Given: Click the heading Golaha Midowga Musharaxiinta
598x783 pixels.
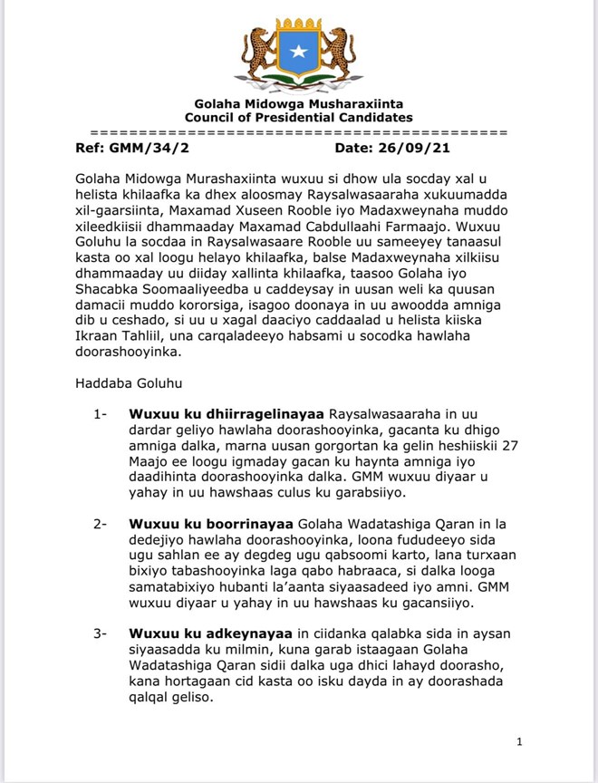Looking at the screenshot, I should click(298, 103).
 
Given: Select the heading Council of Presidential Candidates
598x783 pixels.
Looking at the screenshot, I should click(298, 117).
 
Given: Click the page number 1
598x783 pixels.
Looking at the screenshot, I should click(519, 742).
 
